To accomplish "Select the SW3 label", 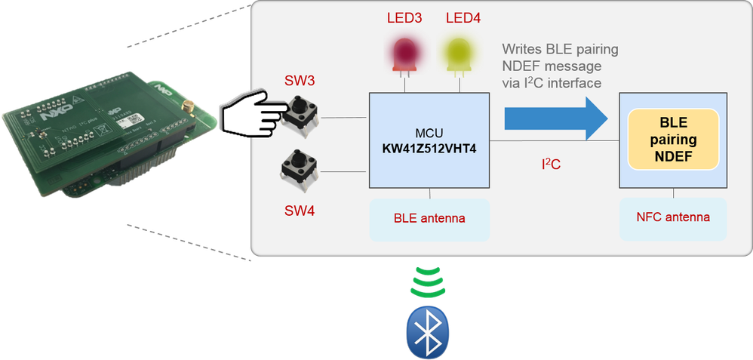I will (299, 80).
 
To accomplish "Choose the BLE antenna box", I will (429, 220).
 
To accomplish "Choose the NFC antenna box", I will (674, 217).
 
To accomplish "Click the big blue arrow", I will (555, 119).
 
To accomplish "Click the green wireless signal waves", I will (427, 282).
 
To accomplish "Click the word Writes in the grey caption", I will (521, 50).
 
